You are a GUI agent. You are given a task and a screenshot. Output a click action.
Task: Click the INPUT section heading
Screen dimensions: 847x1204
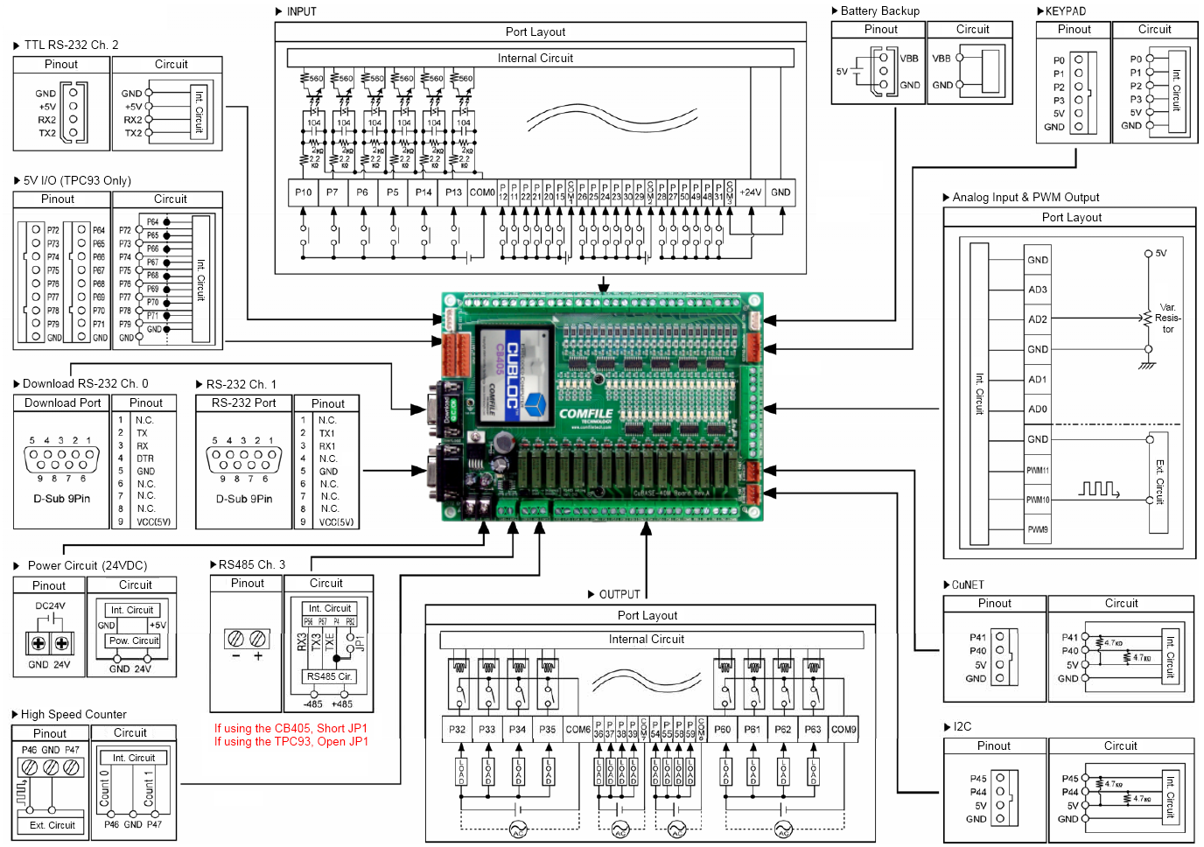click(301, 11)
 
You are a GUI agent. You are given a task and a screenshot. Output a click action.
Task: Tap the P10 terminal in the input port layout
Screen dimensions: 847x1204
click(304, 192)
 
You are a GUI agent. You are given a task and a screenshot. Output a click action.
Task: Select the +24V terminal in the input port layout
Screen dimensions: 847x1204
click(751, 192)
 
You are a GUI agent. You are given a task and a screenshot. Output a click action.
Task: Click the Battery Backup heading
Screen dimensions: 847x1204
click(879, 10)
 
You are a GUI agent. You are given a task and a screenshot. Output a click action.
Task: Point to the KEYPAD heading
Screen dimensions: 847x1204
click(1065, 11)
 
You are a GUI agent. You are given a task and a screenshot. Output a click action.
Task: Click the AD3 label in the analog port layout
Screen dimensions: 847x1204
click(1038, 290)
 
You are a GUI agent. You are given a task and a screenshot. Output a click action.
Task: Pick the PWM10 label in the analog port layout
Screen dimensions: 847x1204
click(1038, 500)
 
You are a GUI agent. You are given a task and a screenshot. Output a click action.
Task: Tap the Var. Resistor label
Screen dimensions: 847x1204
click(1168, 318)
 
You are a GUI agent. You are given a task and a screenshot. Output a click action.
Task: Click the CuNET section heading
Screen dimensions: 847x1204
click(968, 584)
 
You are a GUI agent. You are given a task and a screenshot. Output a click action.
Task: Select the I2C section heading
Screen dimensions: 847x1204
click(962, 726)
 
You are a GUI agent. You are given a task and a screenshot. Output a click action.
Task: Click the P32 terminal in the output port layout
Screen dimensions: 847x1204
click(458, 729)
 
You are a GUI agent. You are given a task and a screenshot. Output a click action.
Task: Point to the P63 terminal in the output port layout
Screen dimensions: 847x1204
click(813, 729)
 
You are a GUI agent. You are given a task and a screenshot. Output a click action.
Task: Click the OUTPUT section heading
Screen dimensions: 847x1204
click(619, 594)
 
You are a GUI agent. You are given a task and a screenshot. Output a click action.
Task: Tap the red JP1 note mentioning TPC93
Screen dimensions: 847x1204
click(291, 742)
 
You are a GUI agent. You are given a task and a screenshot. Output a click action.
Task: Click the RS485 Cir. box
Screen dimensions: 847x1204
click(329, 676)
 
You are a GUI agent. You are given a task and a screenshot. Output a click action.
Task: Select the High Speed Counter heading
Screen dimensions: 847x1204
click(73, 714)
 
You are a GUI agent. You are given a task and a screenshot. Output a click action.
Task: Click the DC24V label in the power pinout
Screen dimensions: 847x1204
click(50, 605)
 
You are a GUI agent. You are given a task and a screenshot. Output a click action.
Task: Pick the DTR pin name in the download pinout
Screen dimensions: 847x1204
click(144, 458)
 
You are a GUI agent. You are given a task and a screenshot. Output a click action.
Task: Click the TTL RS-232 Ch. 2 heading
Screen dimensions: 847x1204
click(71, 45)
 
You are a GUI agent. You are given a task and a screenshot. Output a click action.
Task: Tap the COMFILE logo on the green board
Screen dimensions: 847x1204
click(586, 414)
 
